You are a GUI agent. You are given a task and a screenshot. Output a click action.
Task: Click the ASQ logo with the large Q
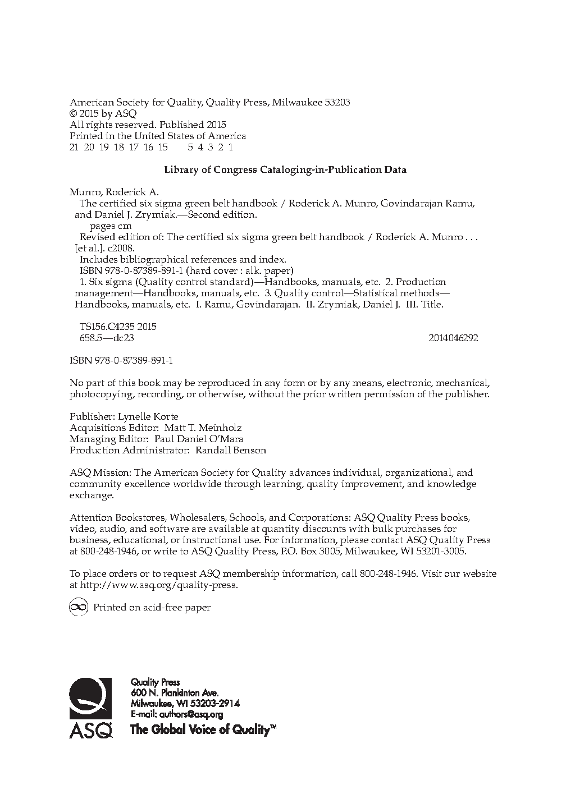click(x=90, y=708)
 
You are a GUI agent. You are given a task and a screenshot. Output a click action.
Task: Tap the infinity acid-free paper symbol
click(x=78, y=607)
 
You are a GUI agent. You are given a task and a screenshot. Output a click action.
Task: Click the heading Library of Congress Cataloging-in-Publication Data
click(x=285, y=169)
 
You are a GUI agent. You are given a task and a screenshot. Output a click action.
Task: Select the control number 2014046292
click(x=453, y=338)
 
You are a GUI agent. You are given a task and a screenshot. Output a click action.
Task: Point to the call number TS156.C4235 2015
click(x=118, y=327)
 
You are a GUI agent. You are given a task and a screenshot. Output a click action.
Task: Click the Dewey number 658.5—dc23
click(x=107, y=338)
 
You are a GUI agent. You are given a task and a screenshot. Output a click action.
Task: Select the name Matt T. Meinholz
click(x=194, y=428)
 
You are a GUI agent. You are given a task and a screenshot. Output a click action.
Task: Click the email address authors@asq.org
click(x=191, y=714)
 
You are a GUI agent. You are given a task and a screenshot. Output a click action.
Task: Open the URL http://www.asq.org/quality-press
click(x=159, y=585)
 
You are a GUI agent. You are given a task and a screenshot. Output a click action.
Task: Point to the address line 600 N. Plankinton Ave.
click(x=175, y=693)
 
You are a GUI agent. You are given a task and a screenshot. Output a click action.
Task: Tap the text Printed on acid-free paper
click(x=152, y=607)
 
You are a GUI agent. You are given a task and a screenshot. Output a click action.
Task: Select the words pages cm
click(x=111, y=226)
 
